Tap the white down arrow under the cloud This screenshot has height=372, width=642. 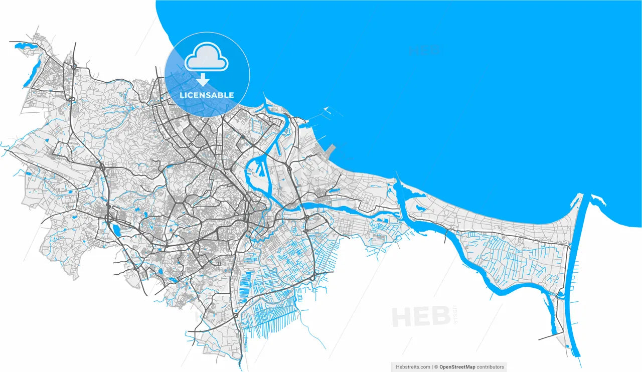pyautogui.click(x=203, y=80)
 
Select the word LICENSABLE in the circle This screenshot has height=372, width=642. pyautogui.click(x=207, y=95)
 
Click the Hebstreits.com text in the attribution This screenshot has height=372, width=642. pyautogui.click(x=413, y=367)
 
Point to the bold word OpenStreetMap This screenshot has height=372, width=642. pyautogui.click(x=457, y=367)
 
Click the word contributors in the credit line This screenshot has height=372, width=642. pyautogui.click(x=491, y=367)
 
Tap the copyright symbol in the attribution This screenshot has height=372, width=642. pyautogui.click(x=436, y=367)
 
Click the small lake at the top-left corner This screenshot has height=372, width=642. pyautogui.click(x=26, y=46)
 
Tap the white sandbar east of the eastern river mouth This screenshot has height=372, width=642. pyautogui.click(x=598, y=201)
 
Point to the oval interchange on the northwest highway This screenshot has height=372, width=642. pyautogui.click(x=72, y=98)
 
